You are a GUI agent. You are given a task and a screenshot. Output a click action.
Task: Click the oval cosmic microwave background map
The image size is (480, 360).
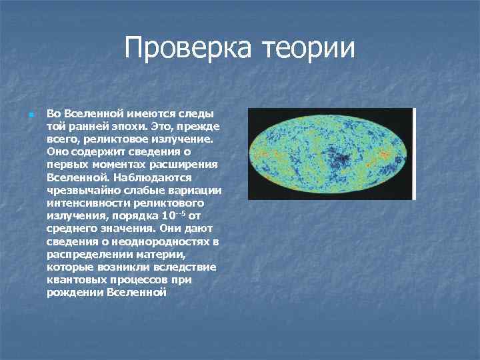[329, 153]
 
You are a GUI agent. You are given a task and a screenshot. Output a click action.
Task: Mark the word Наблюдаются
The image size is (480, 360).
[153, 177]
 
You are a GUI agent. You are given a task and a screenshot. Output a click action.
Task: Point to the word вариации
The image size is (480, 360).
[194, 191]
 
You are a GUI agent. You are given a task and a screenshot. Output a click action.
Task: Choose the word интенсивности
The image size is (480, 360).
[87, 203]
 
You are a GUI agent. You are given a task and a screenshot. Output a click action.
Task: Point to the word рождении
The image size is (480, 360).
[75, 292]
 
